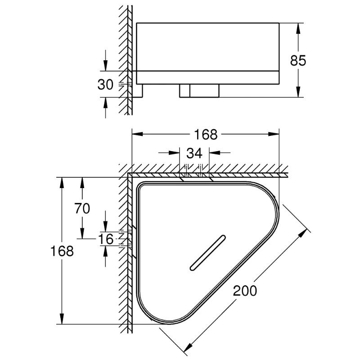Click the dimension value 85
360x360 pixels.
(x=298, y=60)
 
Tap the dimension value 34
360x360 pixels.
(x=194, y=153)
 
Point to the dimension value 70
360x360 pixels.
(x=83, y=208)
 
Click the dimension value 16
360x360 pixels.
(x=106, y=239)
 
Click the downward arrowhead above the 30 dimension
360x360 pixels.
(x=105, y=66)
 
